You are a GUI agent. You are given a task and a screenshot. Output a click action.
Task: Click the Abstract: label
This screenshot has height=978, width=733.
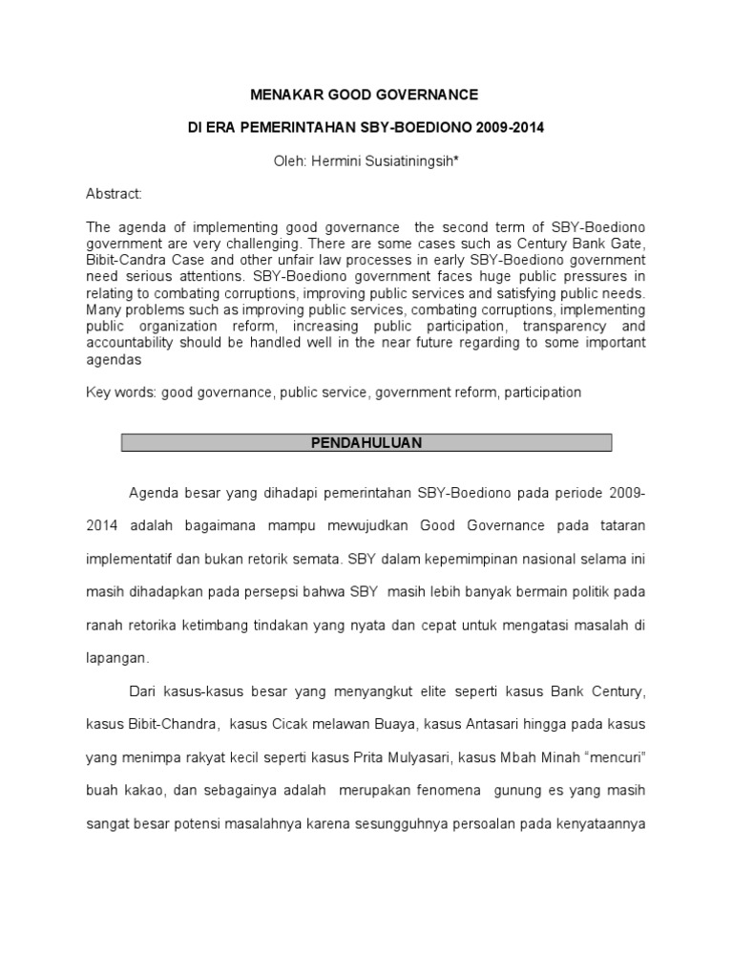114,194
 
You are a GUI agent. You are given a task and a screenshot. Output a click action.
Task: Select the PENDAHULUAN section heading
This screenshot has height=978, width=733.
367,443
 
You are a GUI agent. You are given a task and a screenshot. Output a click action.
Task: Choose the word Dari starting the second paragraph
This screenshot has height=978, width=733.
142,691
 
